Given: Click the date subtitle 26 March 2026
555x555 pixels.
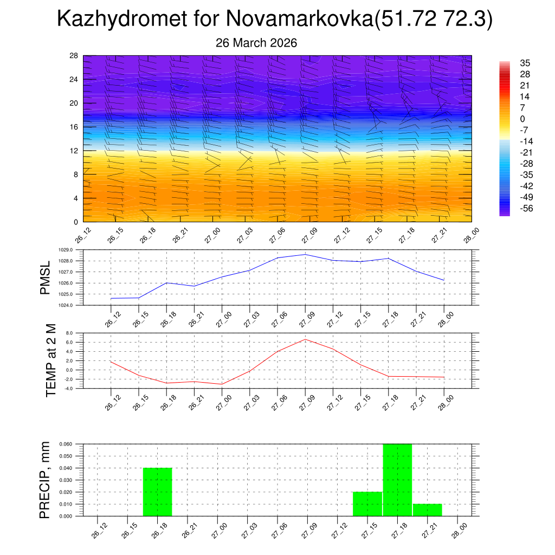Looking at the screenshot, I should coord(256,43).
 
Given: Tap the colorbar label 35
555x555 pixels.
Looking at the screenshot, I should coord(525,63).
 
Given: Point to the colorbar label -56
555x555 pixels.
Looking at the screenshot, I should coord(526,208).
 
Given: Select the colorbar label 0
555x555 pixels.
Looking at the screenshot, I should coord(522,119).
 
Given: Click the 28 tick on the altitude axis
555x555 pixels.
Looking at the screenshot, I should coord(74,56).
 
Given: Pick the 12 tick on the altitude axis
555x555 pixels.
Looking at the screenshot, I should coord(74,151).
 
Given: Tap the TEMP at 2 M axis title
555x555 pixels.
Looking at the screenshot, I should coord(51,360).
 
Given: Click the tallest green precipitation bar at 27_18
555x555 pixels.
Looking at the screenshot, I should coord(397,480).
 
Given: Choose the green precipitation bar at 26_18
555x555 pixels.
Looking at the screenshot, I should coord(157,492).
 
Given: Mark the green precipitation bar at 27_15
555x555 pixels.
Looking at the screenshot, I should coord(367,504).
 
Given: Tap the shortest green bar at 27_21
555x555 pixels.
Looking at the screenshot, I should coord(427,510).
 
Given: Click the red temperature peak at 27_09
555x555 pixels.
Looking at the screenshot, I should coord(305,339).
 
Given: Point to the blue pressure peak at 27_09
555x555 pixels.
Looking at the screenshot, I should coord(305,254).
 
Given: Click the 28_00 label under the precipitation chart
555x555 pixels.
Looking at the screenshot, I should coord(459,532).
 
